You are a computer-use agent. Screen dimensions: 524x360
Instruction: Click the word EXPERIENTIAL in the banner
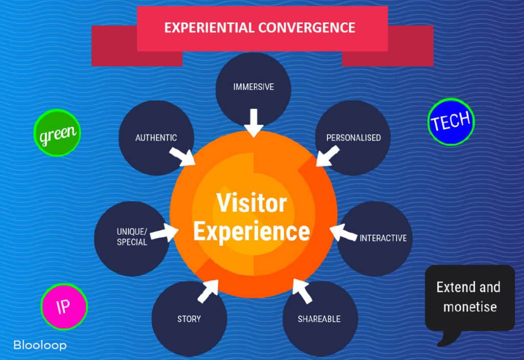pyautogui.click(x=209, y=28)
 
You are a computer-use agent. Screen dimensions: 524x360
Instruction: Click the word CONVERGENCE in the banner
pyautogui.click(x=307, y=28)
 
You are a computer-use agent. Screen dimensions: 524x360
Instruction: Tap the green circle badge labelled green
pyautogui.click(x=57, y=132)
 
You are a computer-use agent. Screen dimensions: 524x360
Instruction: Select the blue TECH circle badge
pyautogui.click(x=451, y=122)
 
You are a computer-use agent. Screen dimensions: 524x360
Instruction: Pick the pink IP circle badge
pyautogui.click(x=64, y=307)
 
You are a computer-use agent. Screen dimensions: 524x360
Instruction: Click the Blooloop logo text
pyautogui.click(x=40, y=345)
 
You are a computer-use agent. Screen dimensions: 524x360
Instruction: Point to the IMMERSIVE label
pyautogui.click(x=254, y=87)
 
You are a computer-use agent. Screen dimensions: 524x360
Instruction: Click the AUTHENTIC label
pyautogui.click(x=156, y=138)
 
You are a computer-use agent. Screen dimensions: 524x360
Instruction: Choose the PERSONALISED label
pyautogui.click(x=354, y=138)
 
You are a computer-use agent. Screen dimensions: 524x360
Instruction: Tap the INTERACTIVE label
pyautogui.click(x=383, y=238)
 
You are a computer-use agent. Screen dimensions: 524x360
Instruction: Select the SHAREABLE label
pyautogui.click(x=319, y=319)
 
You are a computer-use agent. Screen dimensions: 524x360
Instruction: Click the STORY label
pyautogui.click(x=189, y=319)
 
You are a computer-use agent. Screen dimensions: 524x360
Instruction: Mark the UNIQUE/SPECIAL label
pyautogui.click(x=132, y=237)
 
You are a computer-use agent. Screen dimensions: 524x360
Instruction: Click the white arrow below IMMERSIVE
pyautogui.click(x=254, y=123)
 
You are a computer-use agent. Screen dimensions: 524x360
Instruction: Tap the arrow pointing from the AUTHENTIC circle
pyautogui.click(x=183, y=157)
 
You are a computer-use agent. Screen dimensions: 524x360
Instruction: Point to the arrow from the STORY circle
pyautogui.click(x=208, y=291)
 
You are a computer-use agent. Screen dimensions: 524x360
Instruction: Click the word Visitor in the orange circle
pyautogui.click(x=252, y=202)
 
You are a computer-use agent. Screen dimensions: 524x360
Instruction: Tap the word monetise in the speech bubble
pyautogui.click(x=470, y=307)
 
